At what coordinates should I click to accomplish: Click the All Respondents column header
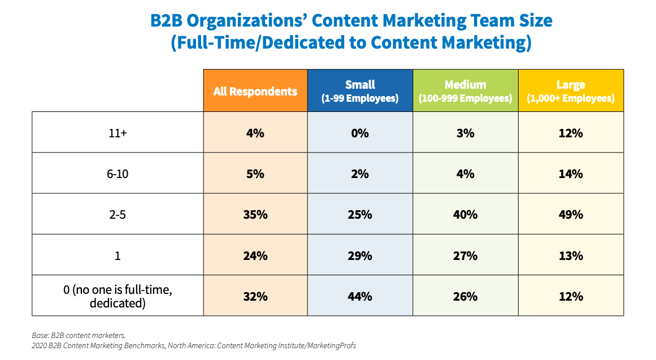[255, 91]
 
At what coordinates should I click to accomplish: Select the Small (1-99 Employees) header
[360, 91]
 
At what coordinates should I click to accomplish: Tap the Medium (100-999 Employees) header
[465, 91]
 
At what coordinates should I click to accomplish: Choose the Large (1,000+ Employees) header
[571, 91]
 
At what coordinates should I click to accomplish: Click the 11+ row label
[118, 133]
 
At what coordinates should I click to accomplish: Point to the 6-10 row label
[118, 174]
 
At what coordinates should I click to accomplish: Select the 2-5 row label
[118, 215]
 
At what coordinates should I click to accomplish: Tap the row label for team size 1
[118, 255]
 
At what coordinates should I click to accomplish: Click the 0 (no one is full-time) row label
[118, 296]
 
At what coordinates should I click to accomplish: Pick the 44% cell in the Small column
[360, 296]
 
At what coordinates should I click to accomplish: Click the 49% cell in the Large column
[571, 215]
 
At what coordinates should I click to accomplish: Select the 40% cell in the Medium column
[465, 215]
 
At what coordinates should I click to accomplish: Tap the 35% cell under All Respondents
[255, 215]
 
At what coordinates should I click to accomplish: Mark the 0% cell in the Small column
[360, 133]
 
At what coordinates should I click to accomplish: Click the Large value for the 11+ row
[571, 133]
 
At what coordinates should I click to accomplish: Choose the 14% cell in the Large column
[571, 174]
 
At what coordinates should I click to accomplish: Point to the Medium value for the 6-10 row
[465, 174]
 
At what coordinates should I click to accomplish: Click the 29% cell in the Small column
[360, 255]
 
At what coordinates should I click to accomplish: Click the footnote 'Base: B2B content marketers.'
[79, 335]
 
